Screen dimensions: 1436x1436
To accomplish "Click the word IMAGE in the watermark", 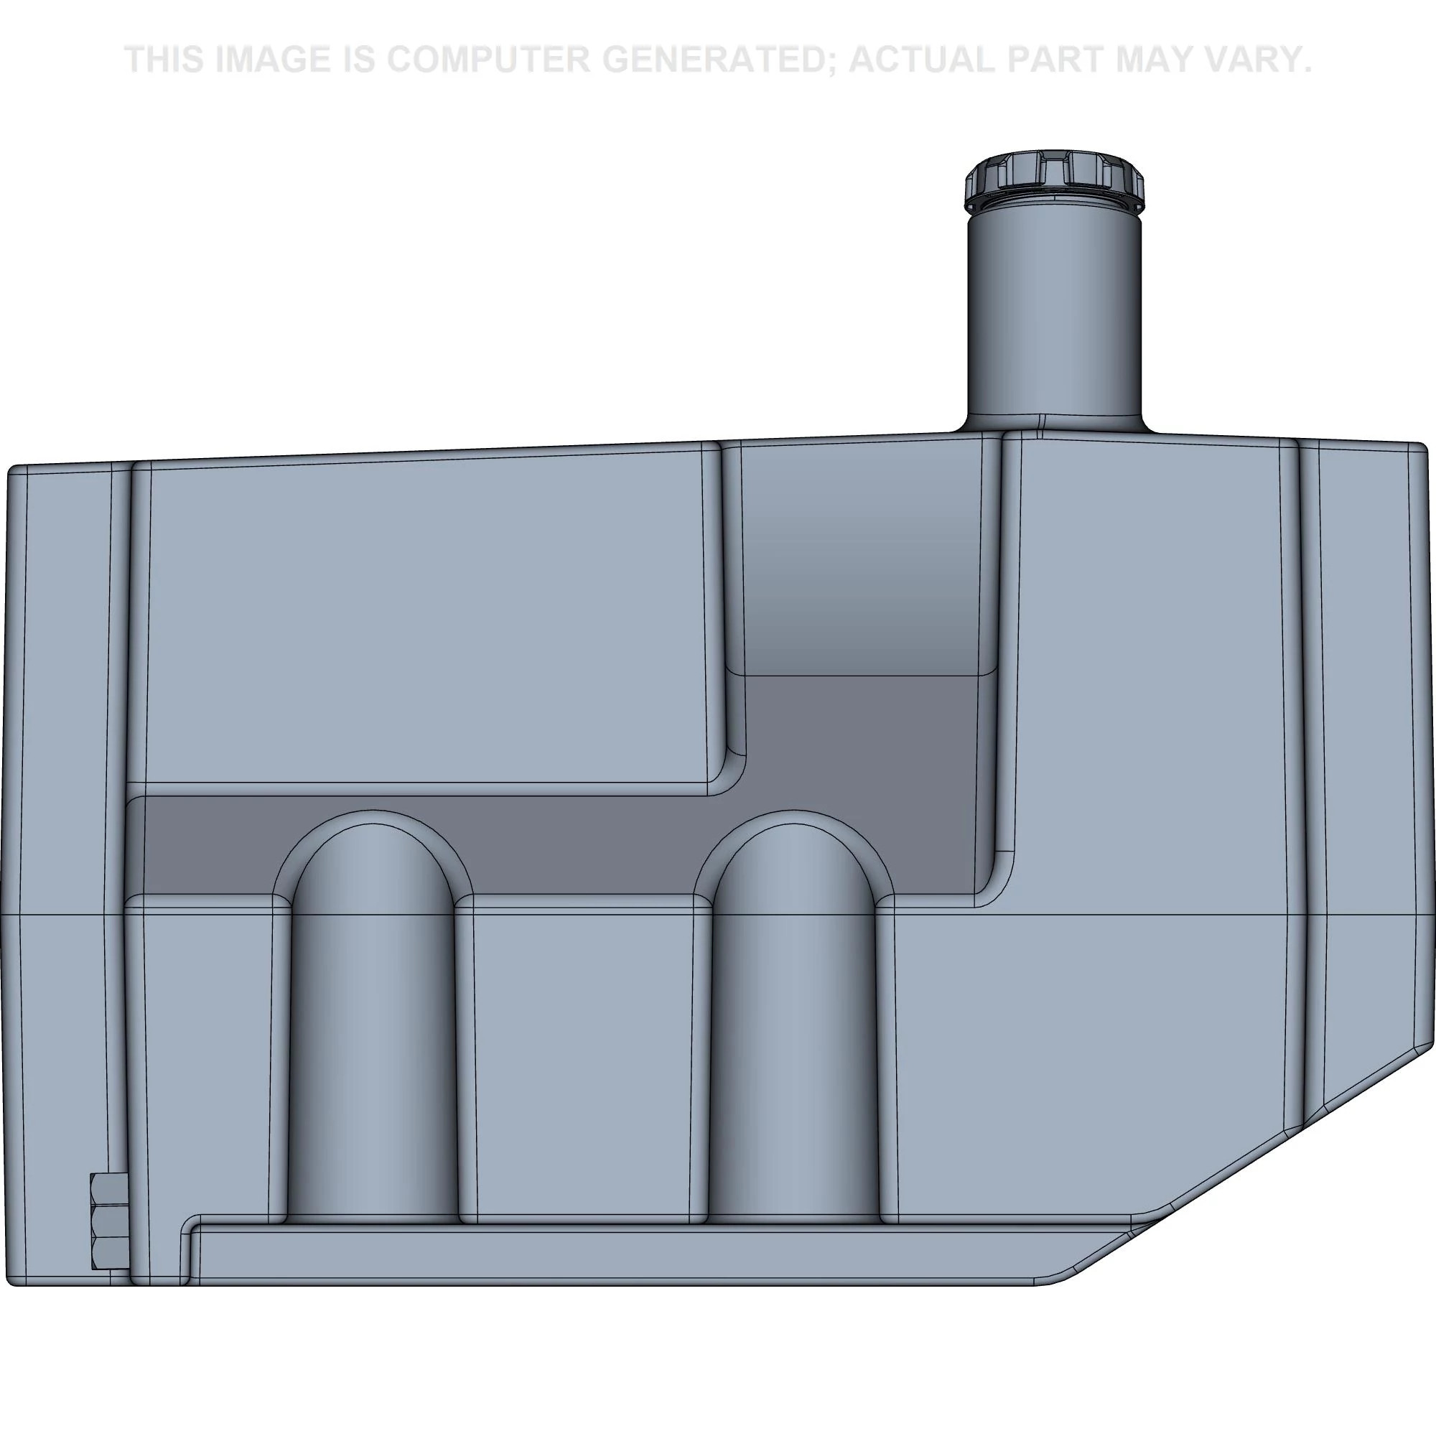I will (271, 60).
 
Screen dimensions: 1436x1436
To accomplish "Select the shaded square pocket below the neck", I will (862, 557).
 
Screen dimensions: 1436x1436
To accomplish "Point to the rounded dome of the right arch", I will (794, 854).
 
